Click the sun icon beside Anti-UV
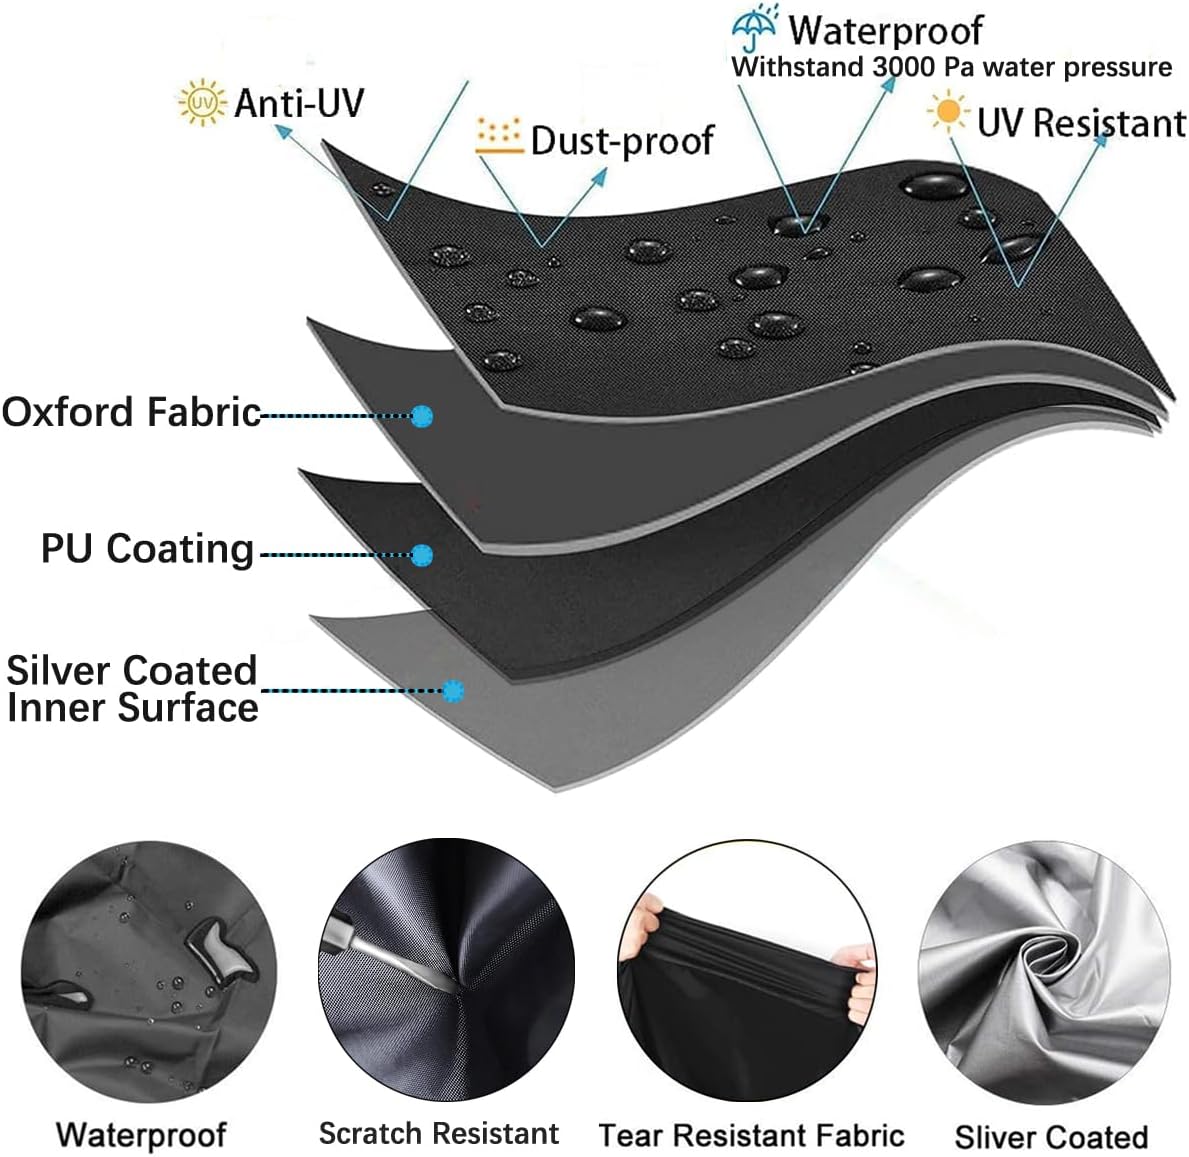(x=202, y=102)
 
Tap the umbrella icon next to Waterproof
(x=754, y=28)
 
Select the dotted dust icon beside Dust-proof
(x=499, y=136)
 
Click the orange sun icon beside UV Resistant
(x=948, y=112)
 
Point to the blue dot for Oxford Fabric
(x=422, y=415)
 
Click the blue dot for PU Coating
(x=422, y=555)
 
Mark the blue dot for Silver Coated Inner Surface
(x=453, y=691)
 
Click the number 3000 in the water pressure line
(x=904, y=67)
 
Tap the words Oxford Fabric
(x=131, y=412)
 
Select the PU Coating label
(x=147, y=548)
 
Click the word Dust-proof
(x=622, y=140)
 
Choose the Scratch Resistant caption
(x=438, y=1133)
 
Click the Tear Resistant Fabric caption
(x=751, y=1135)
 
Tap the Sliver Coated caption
(x=1051, y=1137)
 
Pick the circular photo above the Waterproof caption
(x=149, y=971)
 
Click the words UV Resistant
(x=1081, y=122)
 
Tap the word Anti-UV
(x=299, y=102)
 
